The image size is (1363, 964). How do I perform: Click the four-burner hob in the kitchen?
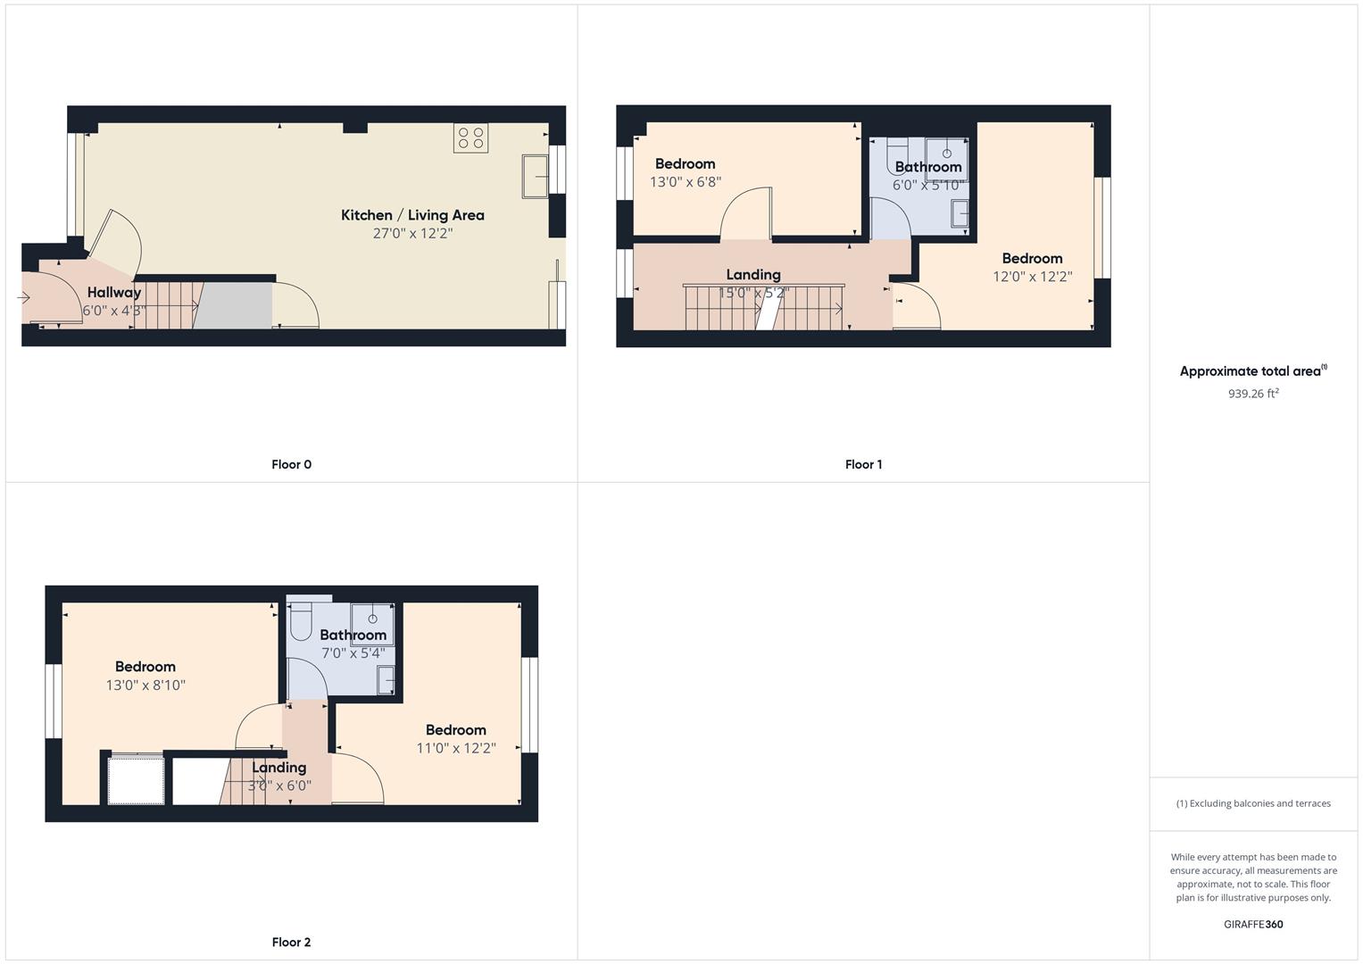coord(470,138)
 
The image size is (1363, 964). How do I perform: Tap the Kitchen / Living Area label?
coord(412,215)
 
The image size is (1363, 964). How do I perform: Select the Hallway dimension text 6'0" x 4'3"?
coord(113,311)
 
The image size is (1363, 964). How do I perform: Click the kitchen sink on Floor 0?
coord(535,177)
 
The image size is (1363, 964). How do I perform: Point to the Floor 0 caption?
coord(292,464)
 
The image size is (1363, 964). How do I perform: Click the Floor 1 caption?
coord(863,464)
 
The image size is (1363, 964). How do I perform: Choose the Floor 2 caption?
coord(292,942)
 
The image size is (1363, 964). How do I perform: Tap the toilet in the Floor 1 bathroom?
coord(897,157)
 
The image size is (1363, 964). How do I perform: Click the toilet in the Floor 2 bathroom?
coord(301,621)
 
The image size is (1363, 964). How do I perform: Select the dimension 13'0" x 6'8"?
coord(686,182)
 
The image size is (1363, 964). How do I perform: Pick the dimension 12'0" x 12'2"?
coord(1033,277)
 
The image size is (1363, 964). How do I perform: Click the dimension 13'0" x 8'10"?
coord(145,686)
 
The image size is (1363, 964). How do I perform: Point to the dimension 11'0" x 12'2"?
coord(456,748)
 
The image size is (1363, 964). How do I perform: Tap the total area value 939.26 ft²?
coord(1253,393)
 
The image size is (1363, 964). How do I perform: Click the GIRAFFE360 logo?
coord(1253,924)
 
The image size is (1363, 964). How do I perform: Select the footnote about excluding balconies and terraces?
coord(1253,803)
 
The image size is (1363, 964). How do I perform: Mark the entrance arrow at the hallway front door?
coord(24,297)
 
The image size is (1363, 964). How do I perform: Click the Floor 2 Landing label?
coord(279,768)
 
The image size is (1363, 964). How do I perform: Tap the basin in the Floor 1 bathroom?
coord(960,214)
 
